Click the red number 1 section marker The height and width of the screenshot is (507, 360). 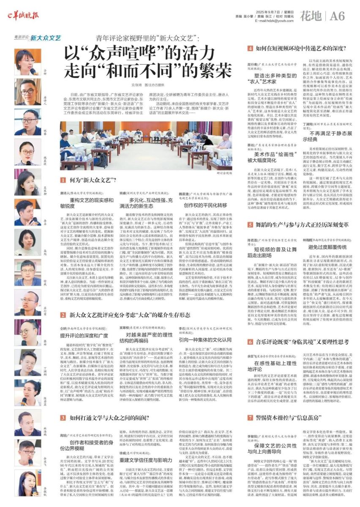click(62, 180)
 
